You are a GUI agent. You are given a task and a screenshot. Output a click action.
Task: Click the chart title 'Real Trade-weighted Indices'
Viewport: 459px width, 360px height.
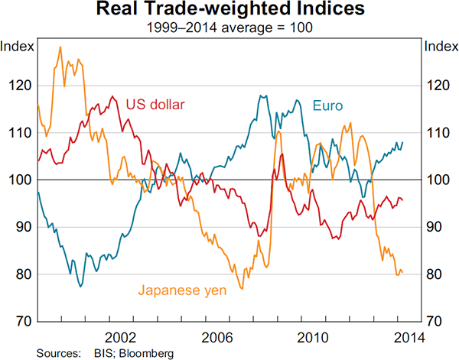[x=229, y=11]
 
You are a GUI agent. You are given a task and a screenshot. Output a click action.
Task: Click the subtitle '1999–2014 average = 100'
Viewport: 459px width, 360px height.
[x=229, y=28]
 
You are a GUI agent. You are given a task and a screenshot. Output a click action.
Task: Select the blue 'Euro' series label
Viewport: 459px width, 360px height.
[x=327, y=105]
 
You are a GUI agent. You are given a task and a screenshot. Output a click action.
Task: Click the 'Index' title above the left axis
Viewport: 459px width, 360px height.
[x=17, y=46]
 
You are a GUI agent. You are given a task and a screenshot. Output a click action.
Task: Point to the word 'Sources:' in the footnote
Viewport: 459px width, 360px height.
[x=57, y=353]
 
